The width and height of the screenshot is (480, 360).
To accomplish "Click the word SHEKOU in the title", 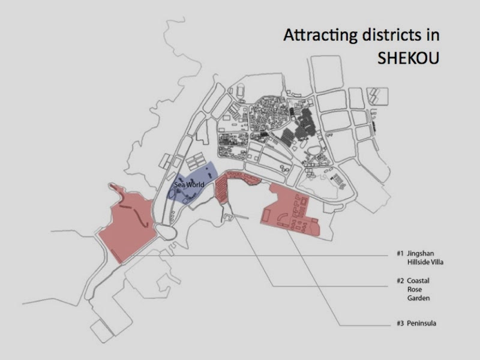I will pos(407,59).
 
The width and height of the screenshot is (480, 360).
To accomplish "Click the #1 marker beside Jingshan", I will pos(400,253).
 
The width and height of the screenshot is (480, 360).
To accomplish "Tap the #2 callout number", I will pos(400,280).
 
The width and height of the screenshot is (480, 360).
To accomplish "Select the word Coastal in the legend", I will pos(418,280).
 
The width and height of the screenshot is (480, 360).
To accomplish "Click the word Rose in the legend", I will pos(413,289).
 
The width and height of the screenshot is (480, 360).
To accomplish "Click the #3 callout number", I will pos(400,324).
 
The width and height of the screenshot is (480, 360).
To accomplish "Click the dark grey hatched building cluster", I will pos(300,129).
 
